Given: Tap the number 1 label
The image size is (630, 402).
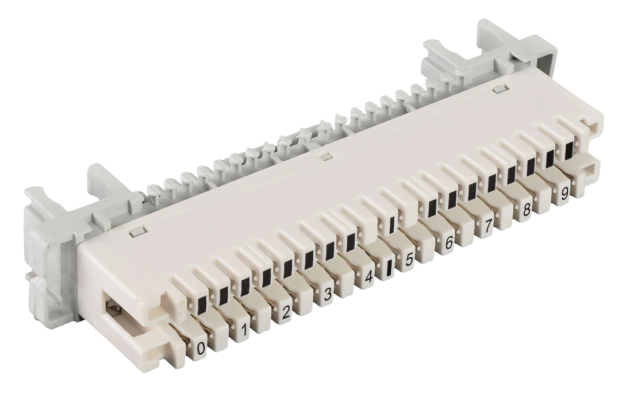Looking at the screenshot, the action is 244,330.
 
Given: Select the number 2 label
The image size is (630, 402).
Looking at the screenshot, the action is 286,311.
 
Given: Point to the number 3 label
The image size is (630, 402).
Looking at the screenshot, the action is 328,294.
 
